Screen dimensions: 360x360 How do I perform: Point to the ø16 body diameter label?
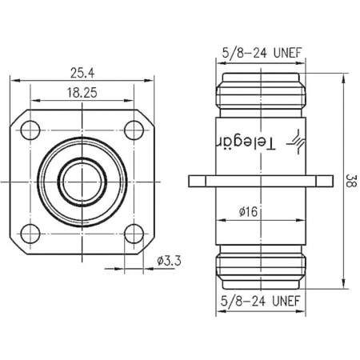click(x=249, y=212)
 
